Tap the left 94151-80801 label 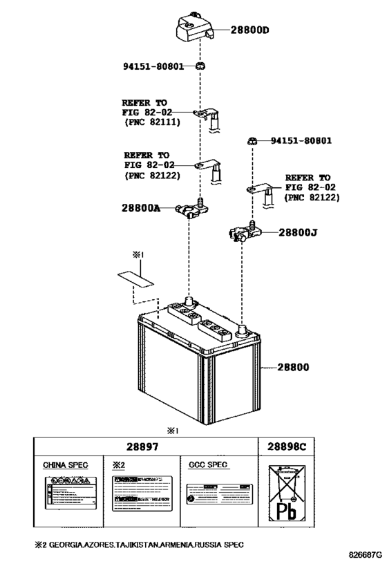(x=154, y=67)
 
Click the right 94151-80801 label (x=301, y=141)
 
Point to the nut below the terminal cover (x=200, y=66)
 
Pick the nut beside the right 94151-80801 (x=254, y=142)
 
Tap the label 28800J (x=298, y=234)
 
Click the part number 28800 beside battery (x=294, y=368)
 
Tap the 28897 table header (x=144, y=448)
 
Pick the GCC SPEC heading (x=208, y=465)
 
